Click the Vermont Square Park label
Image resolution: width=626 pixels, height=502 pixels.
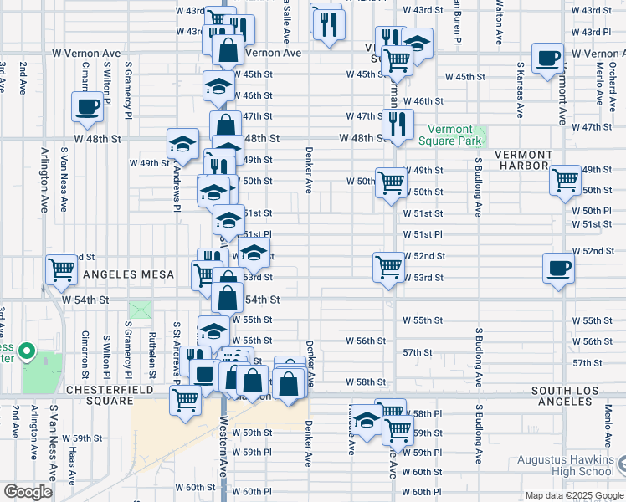pyautogui.click(x=450, y=136)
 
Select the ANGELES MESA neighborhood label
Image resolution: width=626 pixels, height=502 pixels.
pyautogui.click(x=126, y=274)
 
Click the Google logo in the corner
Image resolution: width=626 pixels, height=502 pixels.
pyautogui.click(x=28, y=492)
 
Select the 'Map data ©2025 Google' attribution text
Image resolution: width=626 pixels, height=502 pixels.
pyautogui.click(x=574, y=495)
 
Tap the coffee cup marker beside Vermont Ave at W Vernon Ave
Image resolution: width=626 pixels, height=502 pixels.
pyautogui.click(x=548, y=59)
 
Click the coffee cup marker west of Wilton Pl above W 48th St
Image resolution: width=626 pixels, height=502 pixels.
pyautogui.click(x=88, y=106)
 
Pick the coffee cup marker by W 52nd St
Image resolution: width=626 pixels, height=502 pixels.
pyautogui.click(x=559, y=269)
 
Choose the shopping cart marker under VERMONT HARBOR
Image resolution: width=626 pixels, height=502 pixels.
pyautogui.click(x=566, y=179)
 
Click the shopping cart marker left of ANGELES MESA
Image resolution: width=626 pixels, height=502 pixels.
pyautogui.click(x=62, y=270)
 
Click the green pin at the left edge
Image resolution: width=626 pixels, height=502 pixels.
pyautogui.click(x=27, y=351)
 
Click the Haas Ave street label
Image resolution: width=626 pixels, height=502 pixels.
pyautogui.click(x=73, y=473)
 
